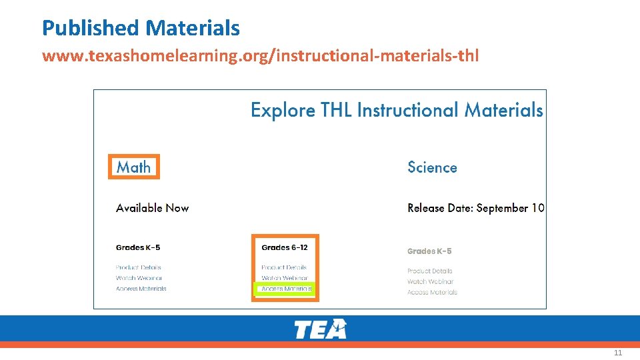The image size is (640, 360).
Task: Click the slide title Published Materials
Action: (141, 28)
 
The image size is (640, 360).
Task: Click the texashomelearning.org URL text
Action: (260, 55)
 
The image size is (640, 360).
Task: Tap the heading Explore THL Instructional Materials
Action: (397, 110)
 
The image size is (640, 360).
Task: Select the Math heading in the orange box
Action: (134, 167)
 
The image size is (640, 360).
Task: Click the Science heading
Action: (432, 167)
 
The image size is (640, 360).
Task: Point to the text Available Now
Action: (152, 208)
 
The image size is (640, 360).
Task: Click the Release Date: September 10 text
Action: (476, 208)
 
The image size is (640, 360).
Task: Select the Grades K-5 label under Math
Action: (138, 248)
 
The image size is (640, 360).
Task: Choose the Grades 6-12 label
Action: (285, 248)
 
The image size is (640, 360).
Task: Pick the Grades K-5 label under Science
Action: (429, 251)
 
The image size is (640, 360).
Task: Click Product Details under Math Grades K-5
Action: (138, 267)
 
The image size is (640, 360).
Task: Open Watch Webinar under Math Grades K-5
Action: (139, 278)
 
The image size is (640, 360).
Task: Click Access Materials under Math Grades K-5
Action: (141, 289)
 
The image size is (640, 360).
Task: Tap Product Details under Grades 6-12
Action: (284, 267)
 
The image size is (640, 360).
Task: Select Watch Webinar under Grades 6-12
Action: (285, 278)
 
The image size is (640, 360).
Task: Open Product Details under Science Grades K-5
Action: (430, 271)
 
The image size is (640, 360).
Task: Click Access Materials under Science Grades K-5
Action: (433, 292)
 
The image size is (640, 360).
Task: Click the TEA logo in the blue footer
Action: (320, 329)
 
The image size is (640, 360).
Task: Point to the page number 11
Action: (618, 353)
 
